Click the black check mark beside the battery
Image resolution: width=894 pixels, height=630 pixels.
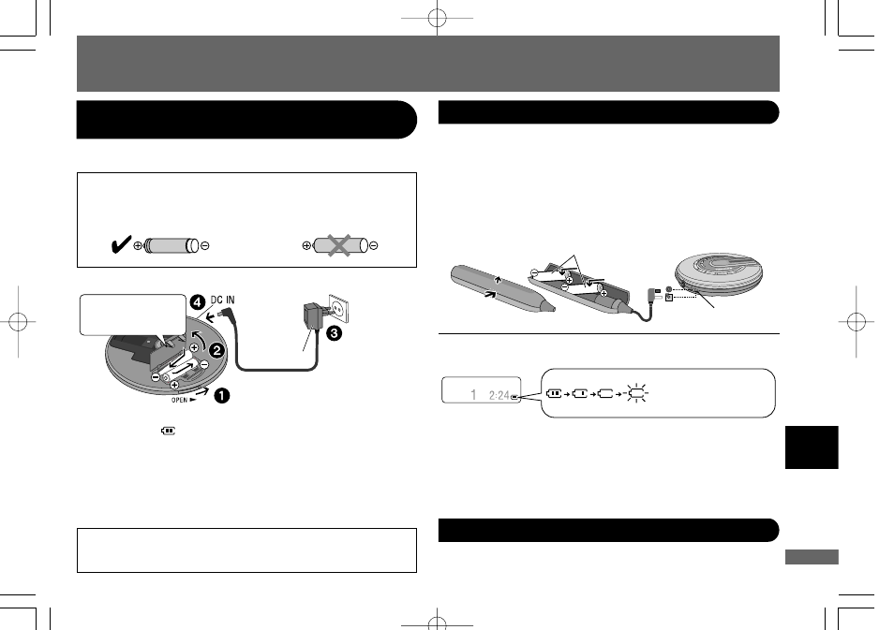[x=121, y=244]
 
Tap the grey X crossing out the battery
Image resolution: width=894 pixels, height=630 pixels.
[x=338, y=245]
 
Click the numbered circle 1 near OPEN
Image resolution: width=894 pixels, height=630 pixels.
[x=222, y=395]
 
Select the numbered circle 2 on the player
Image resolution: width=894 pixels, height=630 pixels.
[x=216, y=350]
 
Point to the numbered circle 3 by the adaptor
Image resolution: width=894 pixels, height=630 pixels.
[x=334, y=332]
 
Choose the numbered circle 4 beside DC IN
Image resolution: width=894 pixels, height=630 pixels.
[x=198, y=302]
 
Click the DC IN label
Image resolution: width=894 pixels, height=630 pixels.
[x=222, y=300]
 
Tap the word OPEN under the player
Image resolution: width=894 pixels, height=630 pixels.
[x=180, y=400]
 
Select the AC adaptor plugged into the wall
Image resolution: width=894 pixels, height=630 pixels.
[x=312, y=316]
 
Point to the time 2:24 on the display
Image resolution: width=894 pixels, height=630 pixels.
[x=499, y=395]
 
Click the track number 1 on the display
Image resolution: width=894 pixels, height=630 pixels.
[x=473, y=394]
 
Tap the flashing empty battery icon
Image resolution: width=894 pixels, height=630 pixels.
[x=637, y=393]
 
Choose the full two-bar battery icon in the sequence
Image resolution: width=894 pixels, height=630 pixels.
[x=554, y=393]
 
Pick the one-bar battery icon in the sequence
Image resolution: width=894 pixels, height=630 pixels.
[x=580, y=393]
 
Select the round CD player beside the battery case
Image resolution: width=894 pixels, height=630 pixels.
[x=719, y=274]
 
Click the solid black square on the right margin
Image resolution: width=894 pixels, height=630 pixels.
[x=812, y=447]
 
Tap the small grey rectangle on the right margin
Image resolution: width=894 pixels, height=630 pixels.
[x=812, y=557]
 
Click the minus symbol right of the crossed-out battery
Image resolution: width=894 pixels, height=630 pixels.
[x=374, y=245]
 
